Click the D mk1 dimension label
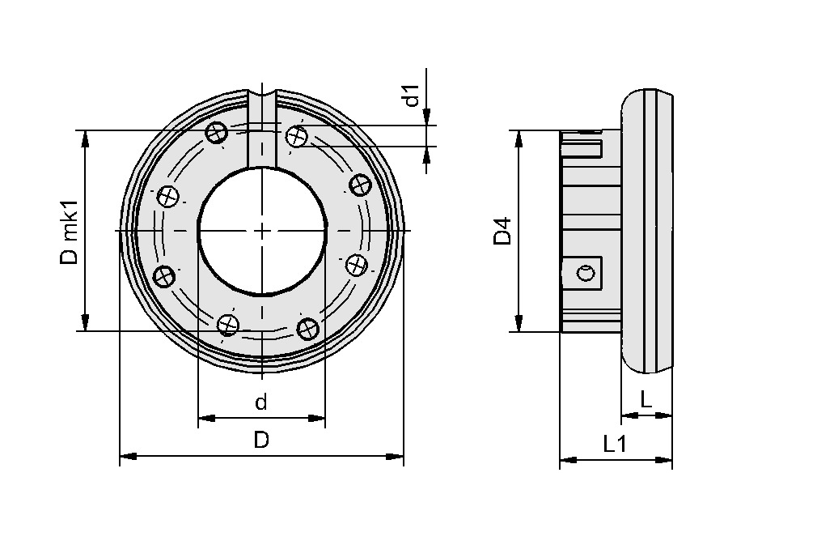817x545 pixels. pyautogui.click(x=70, y=231)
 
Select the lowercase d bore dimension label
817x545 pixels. pyautogui.click(x=260, y=402)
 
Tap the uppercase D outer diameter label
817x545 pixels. pyautogui.click(x=260, y=440)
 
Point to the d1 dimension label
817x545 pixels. pyautogui.click(x=413, y=96)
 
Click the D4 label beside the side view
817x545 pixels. pyautogui.click(x=503, y=231)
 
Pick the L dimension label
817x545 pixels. pyautogui.click(x=646, y=398)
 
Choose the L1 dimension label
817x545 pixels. pyautogui.click(x=616, y=443)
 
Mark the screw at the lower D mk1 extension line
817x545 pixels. pyautogui.click(x=229, y=325)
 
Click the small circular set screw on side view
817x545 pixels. pyautogui.click(x=588, y=273)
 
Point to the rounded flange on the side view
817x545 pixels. pyautogui.click(x=647, y=231)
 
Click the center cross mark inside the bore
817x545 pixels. pyautogui.click(x=261, y=231)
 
